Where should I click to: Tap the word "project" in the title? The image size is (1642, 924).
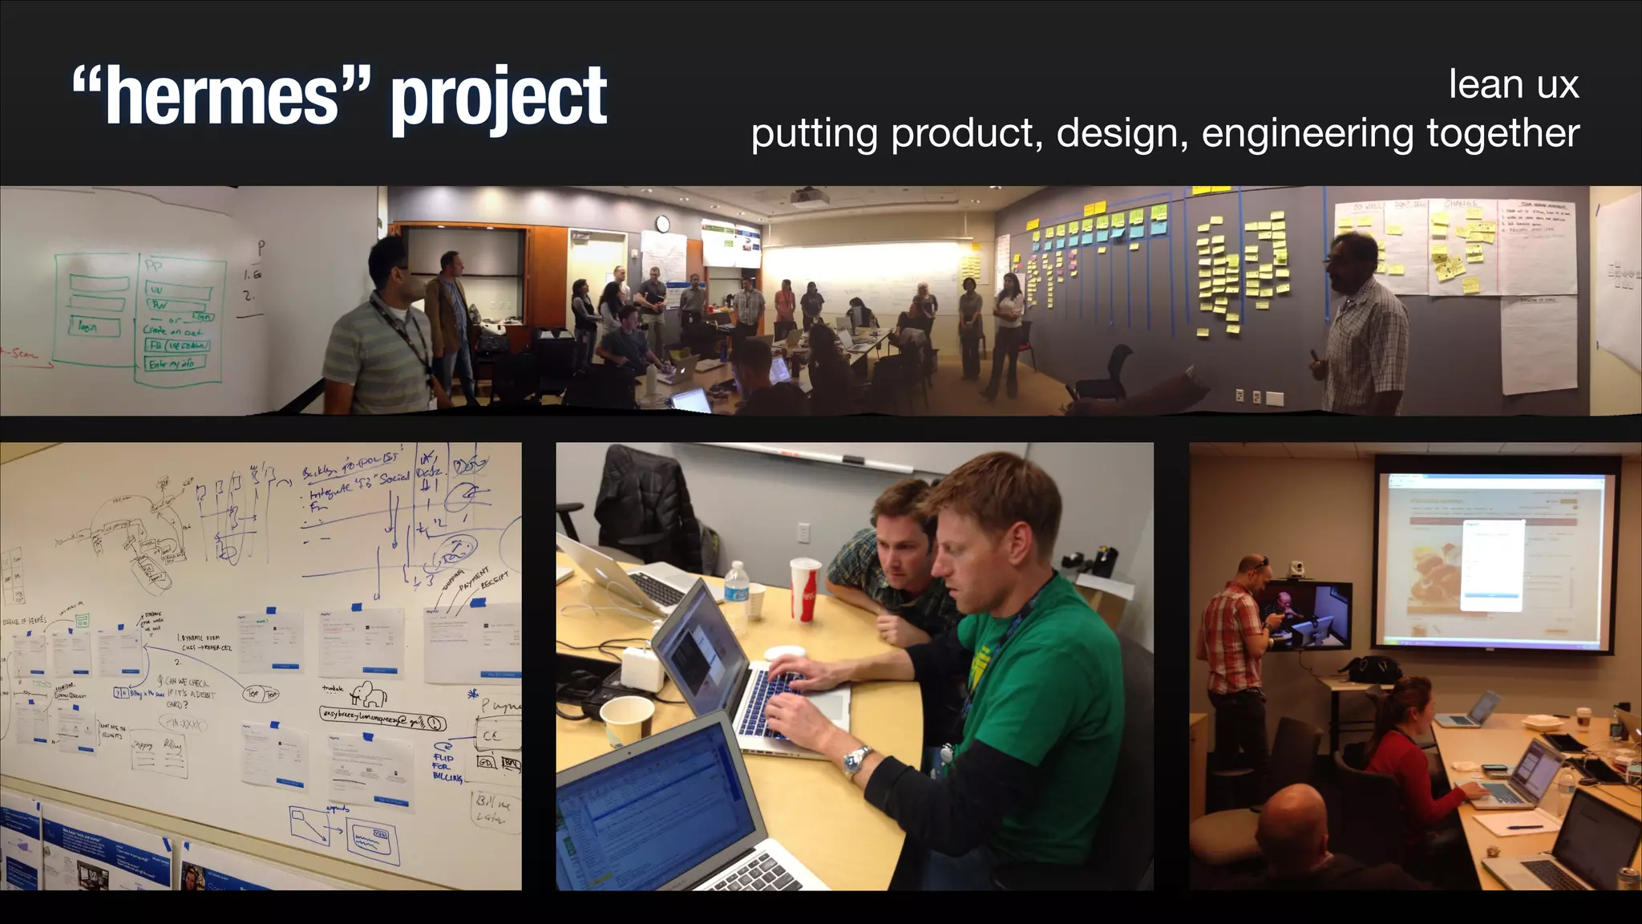[x=499, y=98]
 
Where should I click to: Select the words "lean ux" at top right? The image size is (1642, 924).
[x=1513, y=84]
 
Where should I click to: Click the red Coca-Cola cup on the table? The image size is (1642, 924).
[x=805, y=590]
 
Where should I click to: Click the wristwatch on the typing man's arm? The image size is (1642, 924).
[x=857, y=759]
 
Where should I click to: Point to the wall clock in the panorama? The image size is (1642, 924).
[x=662, y=224]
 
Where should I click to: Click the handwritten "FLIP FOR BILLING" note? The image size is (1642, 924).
[x=446, y=766]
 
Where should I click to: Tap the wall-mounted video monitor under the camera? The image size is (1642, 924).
[x=1307, y=616]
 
